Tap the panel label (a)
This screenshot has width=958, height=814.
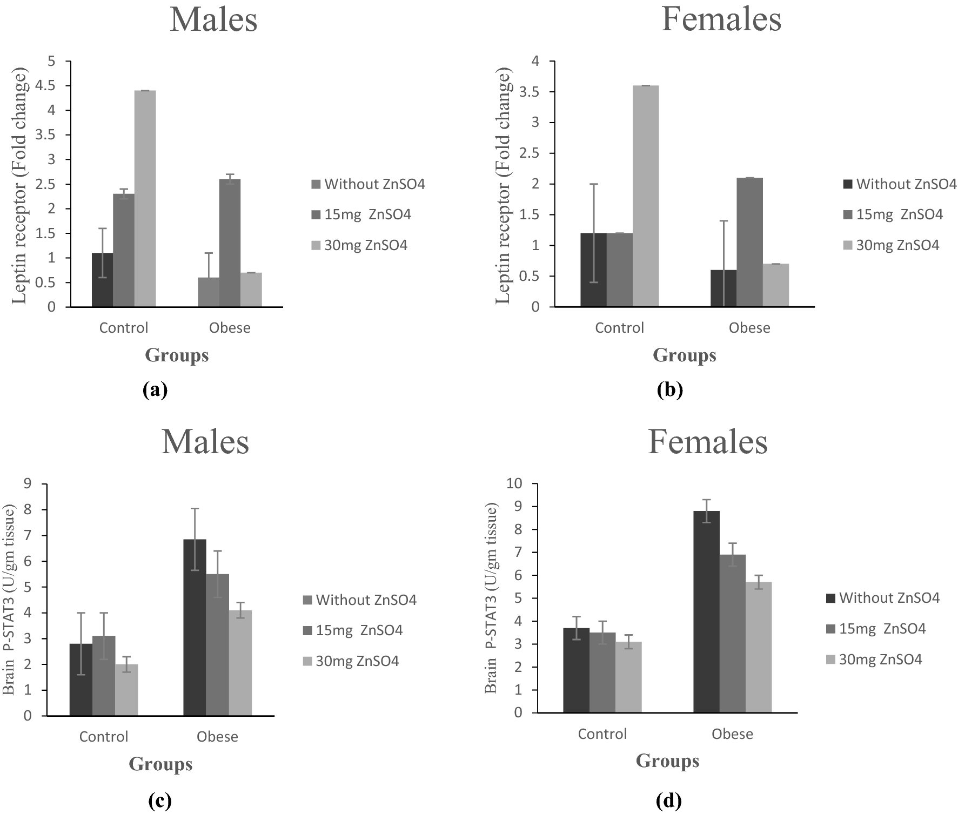pyautogui.click(x=155, y=389)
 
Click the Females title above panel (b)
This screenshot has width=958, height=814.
pyautogui.click(x=721, y=19)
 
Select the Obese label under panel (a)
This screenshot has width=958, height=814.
pyautogui.click(x=230, y=328)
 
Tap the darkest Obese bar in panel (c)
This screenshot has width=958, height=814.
pyautogui.click(x=195, y=627)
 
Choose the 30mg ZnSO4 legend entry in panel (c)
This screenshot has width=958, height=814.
pyautogui.click(x=357, y=661)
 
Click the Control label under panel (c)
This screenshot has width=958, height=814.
pyautogui.click(x=104, y=737)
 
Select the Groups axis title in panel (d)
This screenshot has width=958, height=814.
pyautogui.click(x=667, y=761)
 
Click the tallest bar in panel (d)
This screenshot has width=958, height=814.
pyautogui.click(x=706, y=611)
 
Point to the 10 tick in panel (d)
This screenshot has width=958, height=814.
pyautogui.click(x=514, y=484)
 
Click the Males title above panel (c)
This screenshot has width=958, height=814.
pyautogui.click(x=205, y=441)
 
